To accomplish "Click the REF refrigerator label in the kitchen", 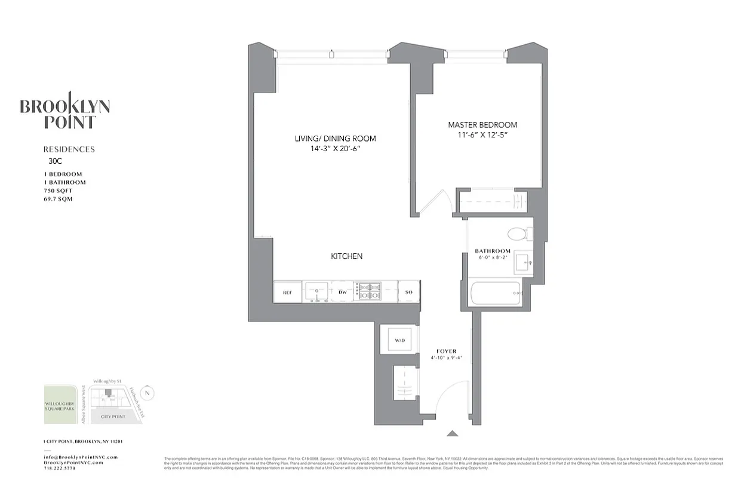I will (287, 292).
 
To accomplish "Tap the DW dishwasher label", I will (343, 292).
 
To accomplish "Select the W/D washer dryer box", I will (399, 341).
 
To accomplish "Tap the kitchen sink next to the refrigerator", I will (313, 292).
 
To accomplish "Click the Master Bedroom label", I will (482, 125).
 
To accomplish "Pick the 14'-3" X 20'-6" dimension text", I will (335, 148).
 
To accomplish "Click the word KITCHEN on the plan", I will (346, 256).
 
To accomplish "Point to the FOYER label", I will (446, 351).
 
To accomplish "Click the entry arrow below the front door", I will (453, 434).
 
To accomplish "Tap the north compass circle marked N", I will (149, 394).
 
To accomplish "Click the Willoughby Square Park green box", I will (60, 405).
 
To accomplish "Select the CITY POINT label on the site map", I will (113, 416).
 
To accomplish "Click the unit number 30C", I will (55, 161).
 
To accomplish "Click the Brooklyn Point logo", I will (64, 111).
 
